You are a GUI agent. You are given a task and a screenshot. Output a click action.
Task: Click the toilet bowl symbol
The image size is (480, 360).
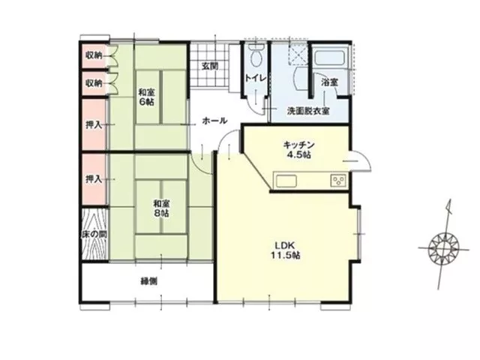[x=256, y=55]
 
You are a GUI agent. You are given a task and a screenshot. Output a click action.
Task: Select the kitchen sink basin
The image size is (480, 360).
[x=286, y=181]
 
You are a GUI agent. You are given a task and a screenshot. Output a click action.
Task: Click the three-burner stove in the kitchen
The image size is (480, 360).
[x=338, y=180]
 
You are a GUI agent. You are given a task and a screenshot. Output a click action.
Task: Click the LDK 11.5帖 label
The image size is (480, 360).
[x=285, y=250]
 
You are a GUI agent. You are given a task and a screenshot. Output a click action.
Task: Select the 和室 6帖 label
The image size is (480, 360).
[x=146, y=97]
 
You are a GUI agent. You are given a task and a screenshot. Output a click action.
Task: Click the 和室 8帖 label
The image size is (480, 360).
[x=161, y=208]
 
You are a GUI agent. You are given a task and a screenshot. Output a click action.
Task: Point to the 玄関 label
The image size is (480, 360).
[x=210, y=66]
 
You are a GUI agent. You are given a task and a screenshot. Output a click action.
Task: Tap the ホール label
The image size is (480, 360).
[x=214, y=121]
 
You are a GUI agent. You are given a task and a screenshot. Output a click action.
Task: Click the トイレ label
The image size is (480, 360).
[x=255, y=78]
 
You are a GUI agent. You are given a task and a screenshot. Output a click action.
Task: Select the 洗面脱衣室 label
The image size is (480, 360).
[x=308, y=111]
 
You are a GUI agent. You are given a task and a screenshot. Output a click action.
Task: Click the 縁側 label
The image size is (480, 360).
[x=149, y=281]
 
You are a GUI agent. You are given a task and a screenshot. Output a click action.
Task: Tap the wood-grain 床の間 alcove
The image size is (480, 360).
[x=94, y=235]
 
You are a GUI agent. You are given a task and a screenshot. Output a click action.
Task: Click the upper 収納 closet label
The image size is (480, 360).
[x=94, y=55]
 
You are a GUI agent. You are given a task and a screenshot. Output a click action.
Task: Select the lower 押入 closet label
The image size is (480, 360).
[x=94, y=179]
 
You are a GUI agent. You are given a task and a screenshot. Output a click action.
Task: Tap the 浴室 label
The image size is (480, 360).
[x=330, y=82]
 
